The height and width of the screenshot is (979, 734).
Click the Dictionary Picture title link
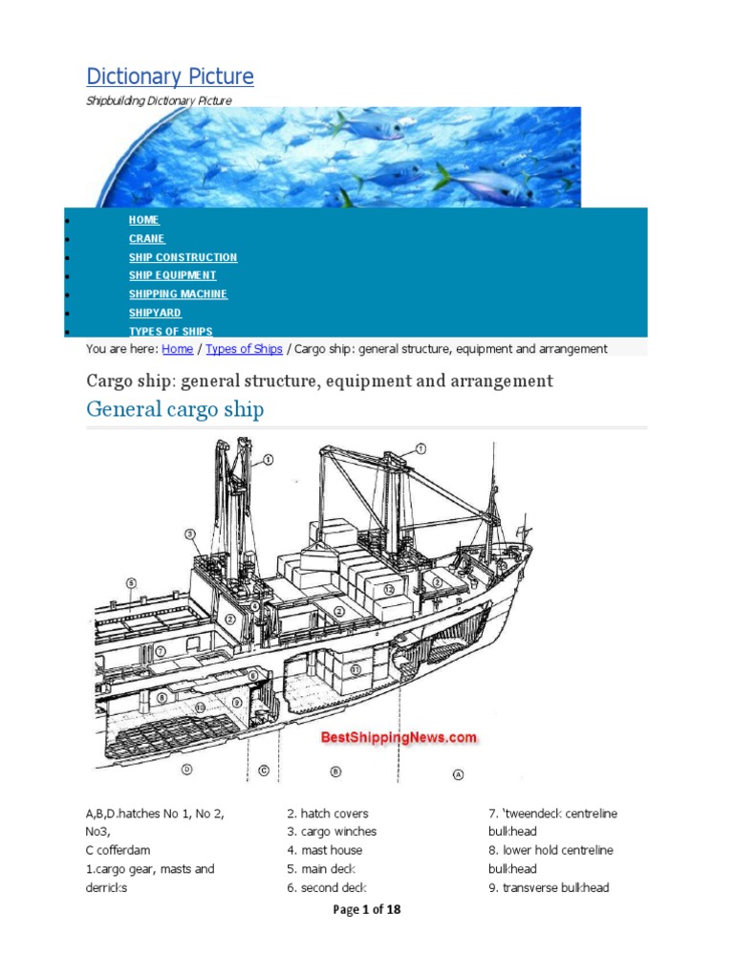pos(170,76)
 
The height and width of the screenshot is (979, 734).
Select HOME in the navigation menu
pos(144,220)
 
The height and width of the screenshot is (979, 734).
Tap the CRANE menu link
pos(147,239)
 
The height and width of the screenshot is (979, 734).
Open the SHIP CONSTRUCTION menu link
pos(183,257)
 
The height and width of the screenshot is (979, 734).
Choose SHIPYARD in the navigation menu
pos(155,313)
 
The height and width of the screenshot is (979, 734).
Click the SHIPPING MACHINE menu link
pos(178,294)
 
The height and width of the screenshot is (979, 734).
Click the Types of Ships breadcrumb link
pos(244,349)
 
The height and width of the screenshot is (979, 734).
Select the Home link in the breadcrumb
pos(177,349)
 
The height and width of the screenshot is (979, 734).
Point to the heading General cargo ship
pos(175,410)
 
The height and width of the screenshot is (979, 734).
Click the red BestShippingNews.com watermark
pos(399,737)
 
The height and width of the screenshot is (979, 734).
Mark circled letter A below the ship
pos(457,773)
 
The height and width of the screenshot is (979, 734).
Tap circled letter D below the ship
pos(187,769)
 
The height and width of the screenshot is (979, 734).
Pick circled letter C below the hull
pos(263,770)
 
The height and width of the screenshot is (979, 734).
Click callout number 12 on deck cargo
pos(389,590)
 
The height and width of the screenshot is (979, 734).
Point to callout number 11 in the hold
pos(355,670)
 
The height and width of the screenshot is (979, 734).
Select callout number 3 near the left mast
pos(190,533)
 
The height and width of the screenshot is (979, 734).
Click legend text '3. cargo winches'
pos(332,832)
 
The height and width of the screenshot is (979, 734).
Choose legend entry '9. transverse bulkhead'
pos(549,887)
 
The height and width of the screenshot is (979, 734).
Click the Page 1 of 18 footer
pos(367,910)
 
